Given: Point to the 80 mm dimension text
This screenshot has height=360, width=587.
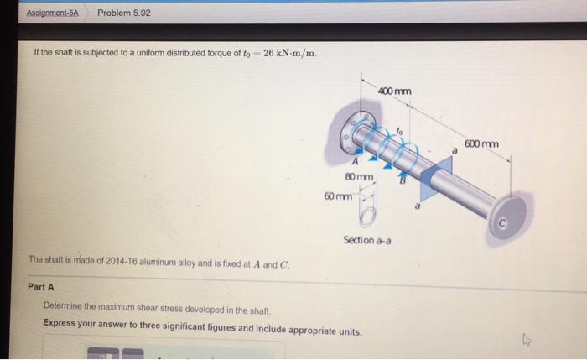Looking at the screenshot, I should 358,177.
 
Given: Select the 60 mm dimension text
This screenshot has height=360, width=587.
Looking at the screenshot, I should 338,195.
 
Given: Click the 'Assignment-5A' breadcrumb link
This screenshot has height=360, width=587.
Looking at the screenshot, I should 51,13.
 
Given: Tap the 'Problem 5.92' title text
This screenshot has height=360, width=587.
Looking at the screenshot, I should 123,13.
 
